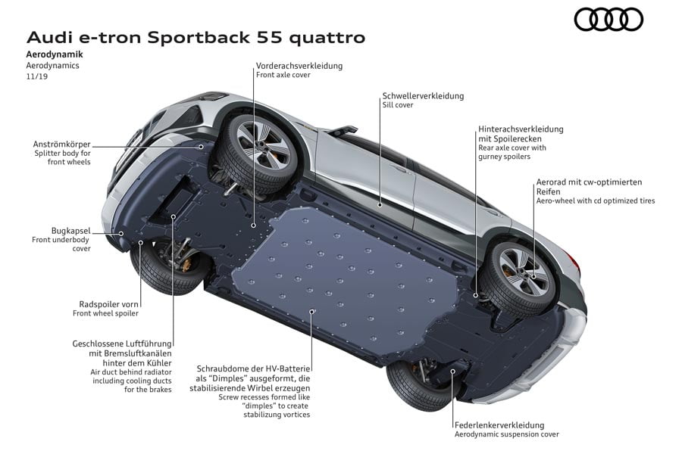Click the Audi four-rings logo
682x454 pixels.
[608, 19]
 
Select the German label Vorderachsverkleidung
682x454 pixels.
[299, 66]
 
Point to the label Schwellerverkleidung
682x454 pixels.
[423, 96]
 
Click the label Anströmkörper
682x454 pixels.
[62, 143]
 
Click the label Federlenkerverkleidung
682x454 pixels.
[499, 425]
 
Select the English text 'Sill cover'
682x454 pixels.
[398, 106]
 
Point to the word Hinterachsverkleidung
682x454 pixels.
[521, 129]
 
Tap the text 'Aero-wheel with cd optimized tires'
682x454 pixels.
[595, 201]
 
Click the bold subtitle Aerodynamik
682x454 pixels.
[55, 55]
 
